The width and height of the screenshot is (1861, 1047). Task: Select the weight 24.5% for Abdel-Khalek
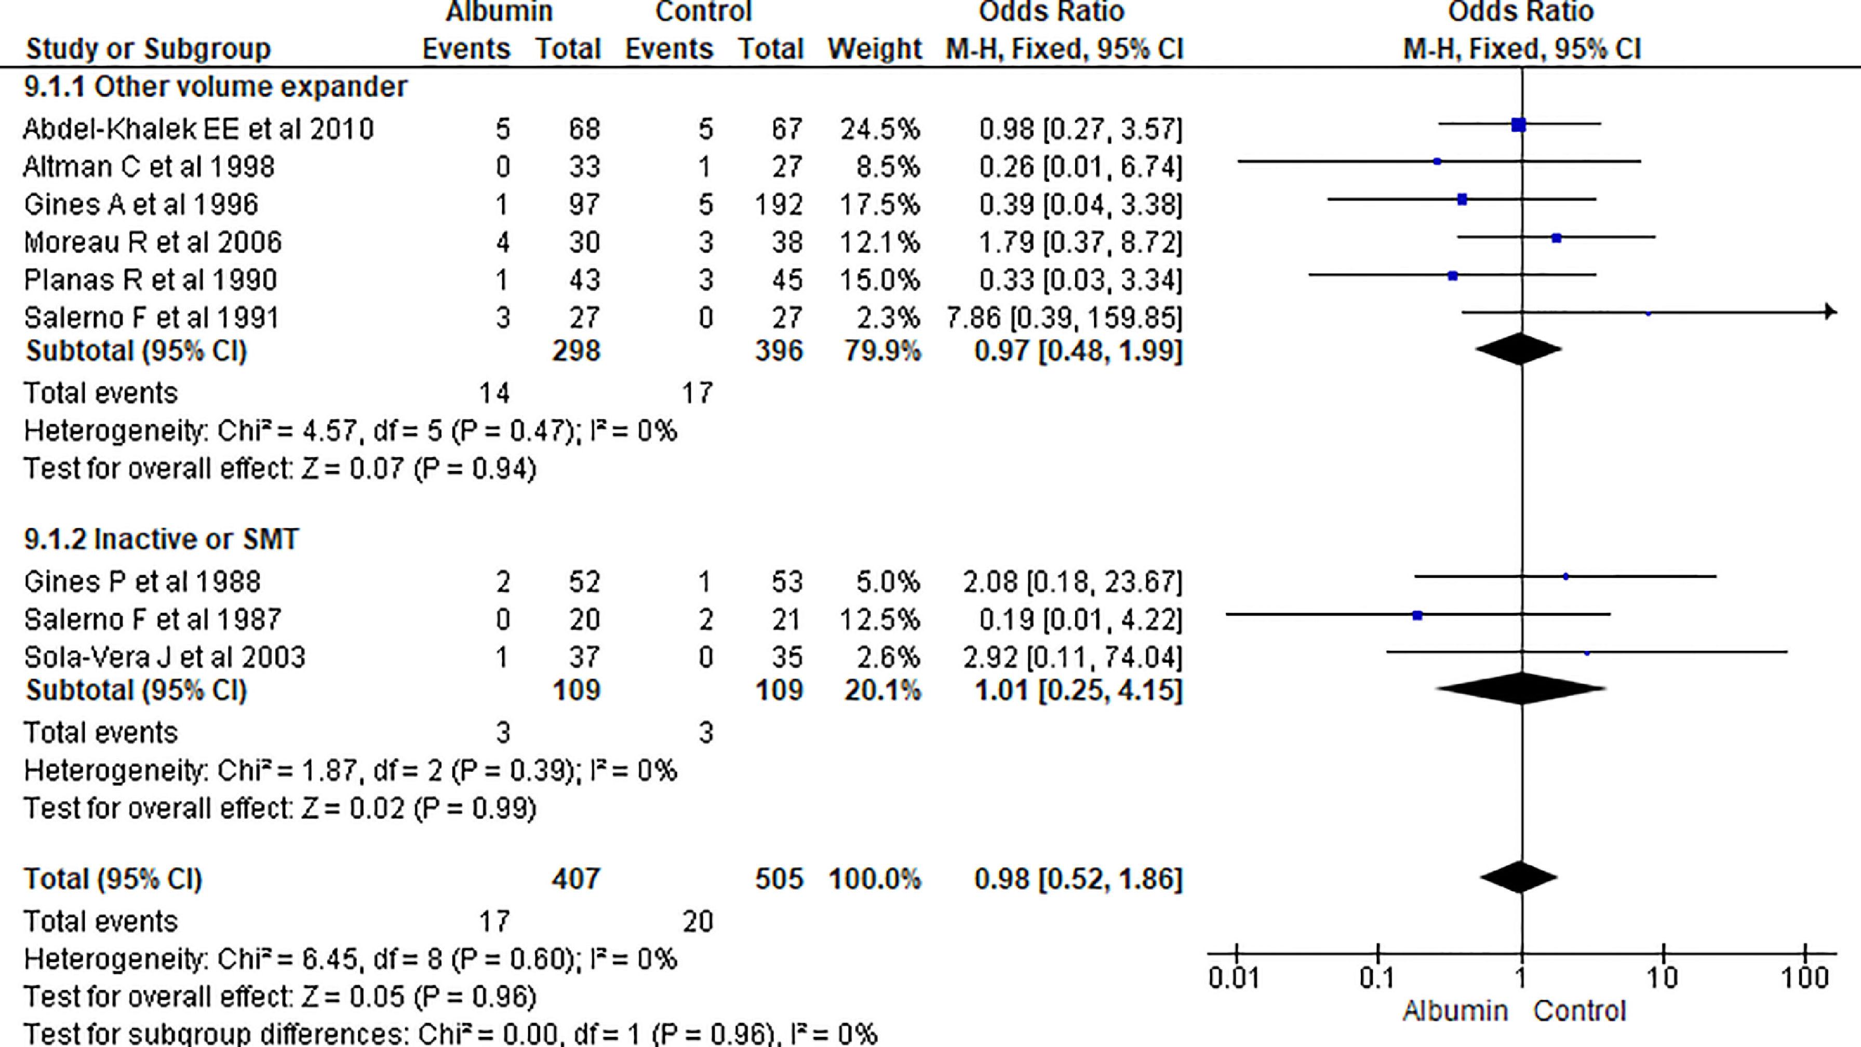[x=879, y=129]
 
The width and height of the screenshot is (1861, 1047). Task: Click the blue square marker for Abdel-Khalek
[x=1519, y=125]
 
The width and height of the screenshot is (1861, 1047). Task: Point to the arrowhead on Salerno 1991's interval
[x=1830, y=312]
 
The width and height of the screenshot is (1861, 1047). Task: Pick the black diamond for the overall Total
[x=1519, y=877]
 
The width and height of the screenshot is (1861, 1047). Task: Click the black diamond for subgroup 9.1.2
[x=1521, y=688]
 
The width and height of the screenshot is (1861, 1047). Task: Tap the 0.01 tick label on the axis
[x=1234, y=978]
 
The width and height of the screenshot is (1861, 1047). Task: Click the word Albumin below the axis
[x=1455, y=1011]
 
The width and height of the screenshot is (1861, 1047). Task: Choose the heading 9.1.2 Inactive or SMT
[x=161, y=539]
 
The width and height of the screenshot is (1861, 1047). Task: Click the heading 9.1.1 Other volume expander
[x=215, y=87]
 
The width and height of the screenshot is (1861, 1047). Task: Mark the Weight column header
[x=874, y=49]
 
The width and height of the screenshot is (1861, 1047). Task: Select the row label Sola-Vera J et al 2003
[x=165, y=657]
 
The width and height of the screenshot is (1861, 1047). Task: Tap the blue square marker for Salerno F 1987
[x=1417, y=615]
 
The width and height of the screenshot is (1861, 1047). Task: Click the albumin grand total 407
[x=576, y=879]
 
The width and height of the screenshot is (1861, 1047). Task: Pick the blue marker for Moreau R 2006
[x=1557, y=238]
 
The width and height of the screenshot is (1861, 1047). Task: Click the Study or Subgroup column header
[x=148, y=49]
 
